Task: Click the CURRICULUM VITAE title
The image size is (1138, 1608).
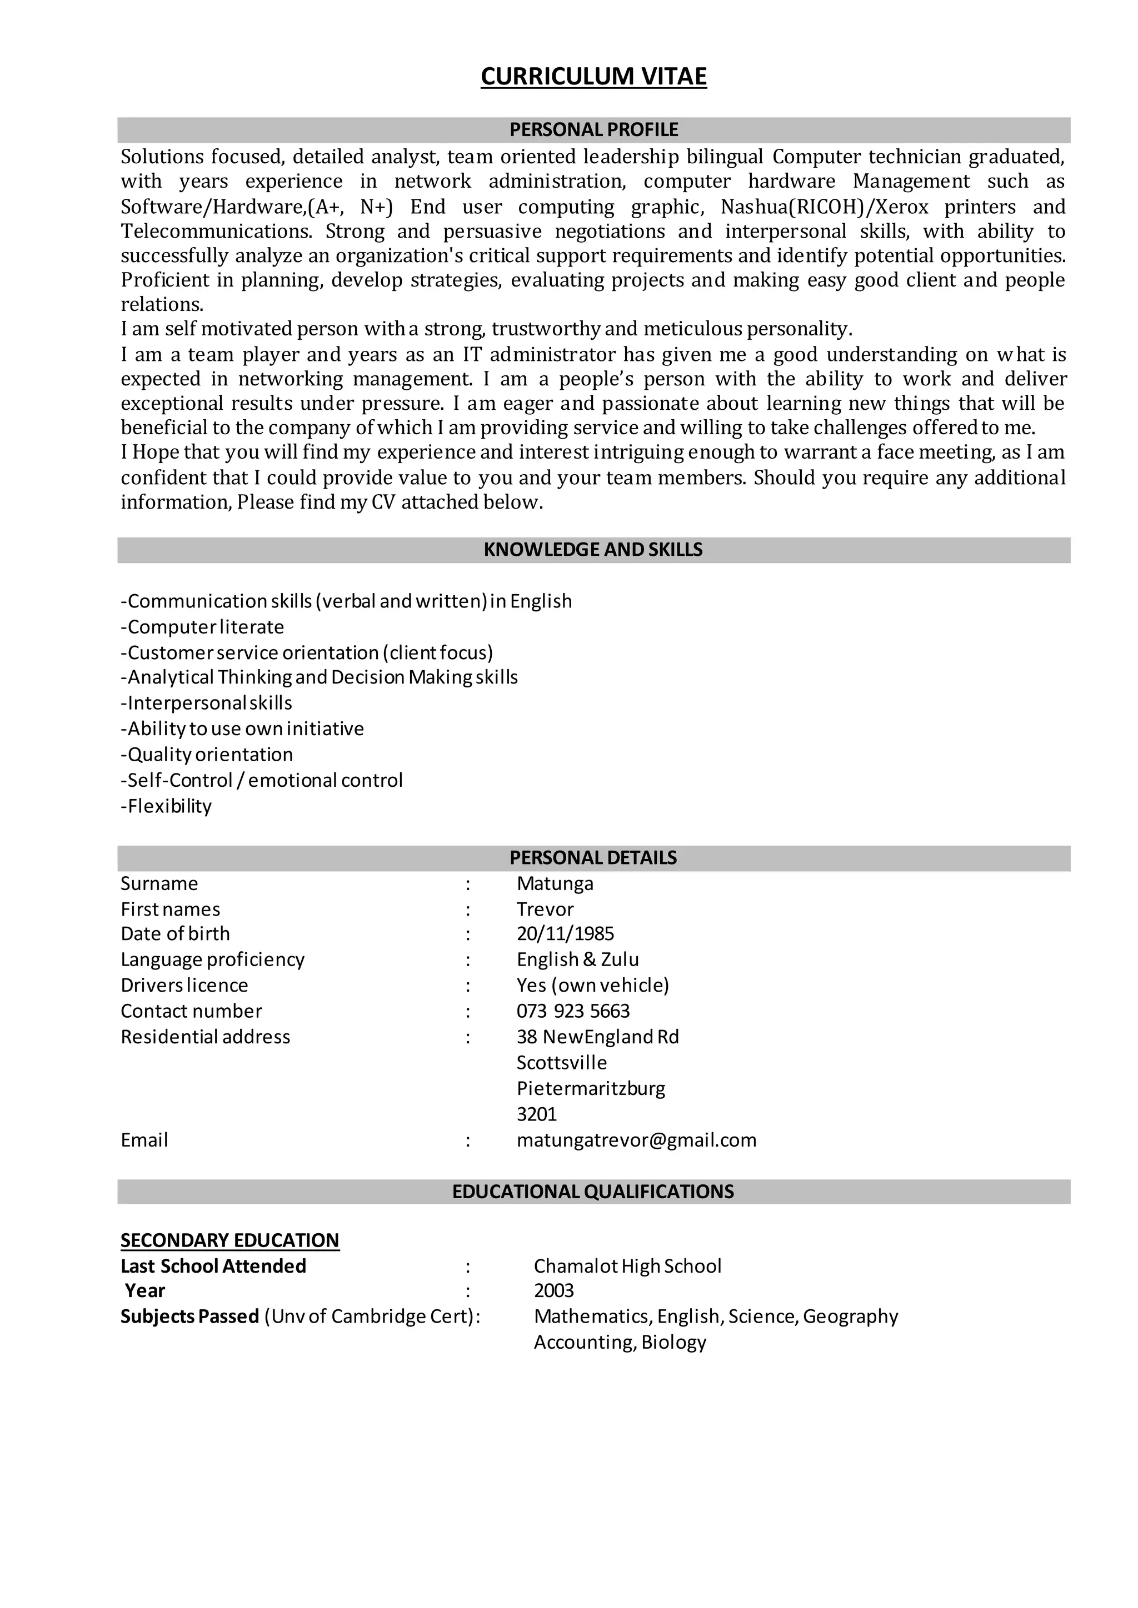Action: [x=593, y=76]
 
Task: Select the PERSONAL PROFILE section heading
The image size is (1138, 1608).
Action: [x=593, y=129]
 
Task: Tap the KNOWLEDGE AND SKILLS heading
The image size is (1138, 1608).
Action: [x=593, y=550]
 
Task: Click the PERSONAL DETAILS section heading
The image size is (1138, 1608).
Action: [x=593, y=858]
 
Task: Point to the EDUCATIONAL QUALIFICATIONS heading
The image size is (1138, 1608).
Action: [x=593, y=1192]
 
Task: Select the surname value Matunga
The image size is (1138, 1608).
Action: [x=555, y=884]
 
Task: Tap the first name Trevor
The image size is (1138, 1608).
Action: [x=545, y=909]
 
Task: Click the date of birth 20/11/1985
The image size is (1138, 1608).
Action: [x=566, y=934]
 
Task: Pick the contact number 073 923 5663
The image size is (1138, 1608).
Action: [x=573, y=1011]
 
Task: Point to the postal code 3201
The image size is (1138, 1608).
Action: [x=537, y=1114]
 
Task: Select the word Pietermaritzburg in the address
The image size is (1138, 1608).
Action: [x=591, y=1089]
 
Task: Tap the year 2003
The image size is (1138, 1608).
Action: [x=553, y=1291]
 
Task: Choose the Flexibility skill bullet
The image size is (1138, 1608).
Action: [x=166, y=807]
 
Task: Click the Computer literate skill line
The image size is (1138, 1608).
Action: [x=202, y=627]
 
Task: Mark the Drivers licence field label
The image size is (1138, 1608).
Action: [x=184, y=986]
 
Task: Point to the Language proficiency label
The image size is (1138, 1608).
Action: [x=212, y=959]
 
